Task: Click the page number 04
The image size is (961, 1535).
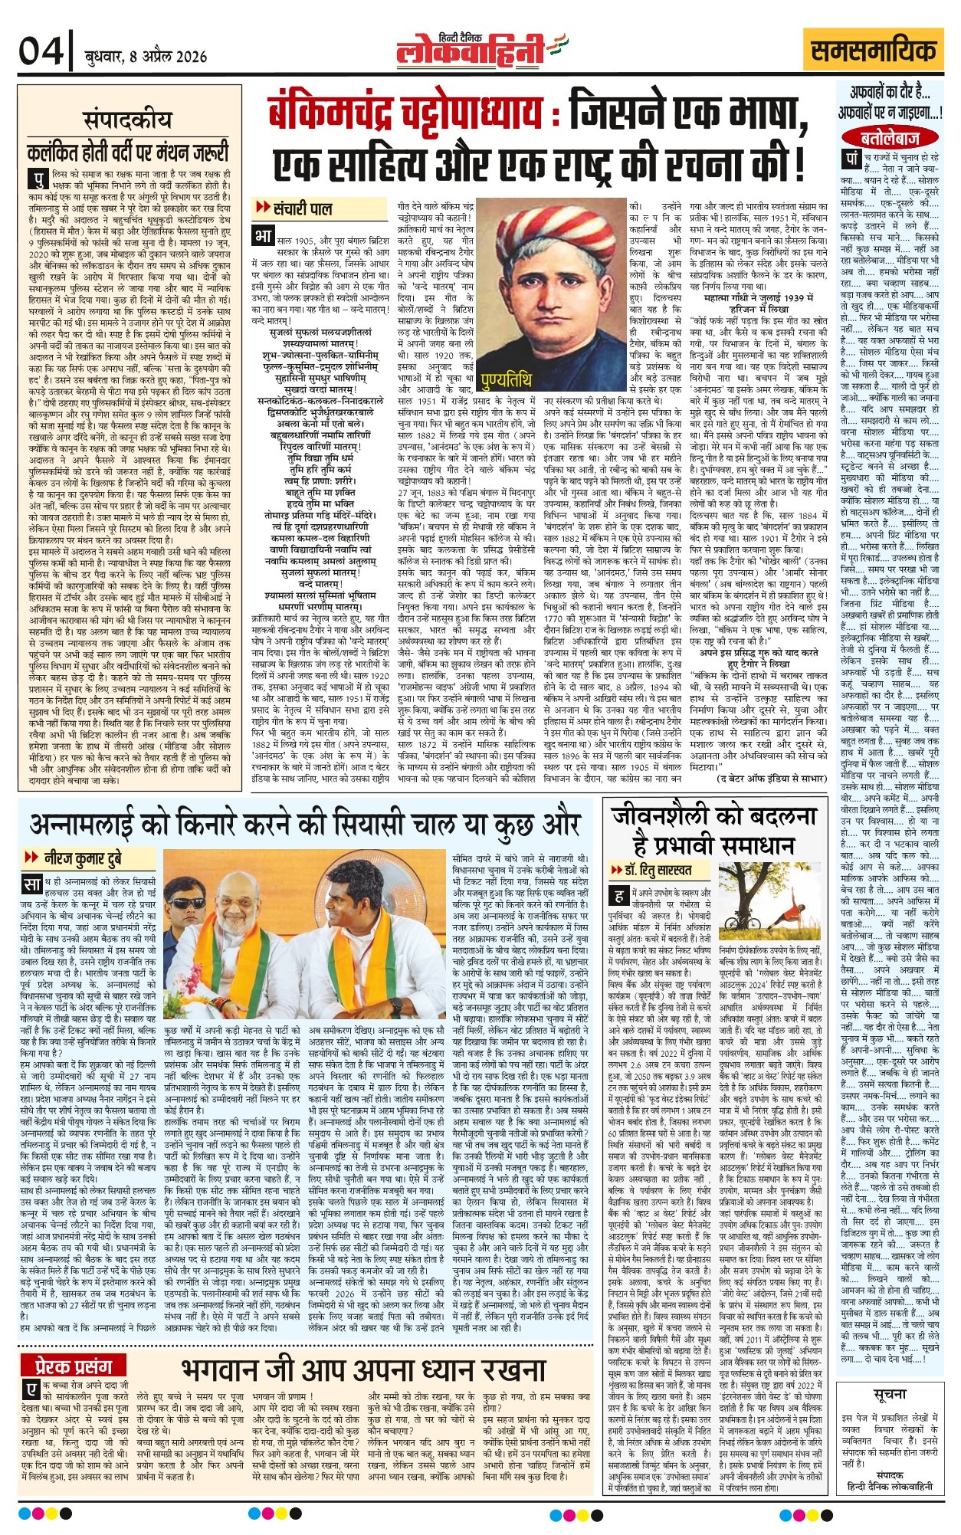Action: (41, 52)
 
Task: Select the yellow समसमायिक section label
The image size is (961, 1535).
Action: (874, 51)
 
